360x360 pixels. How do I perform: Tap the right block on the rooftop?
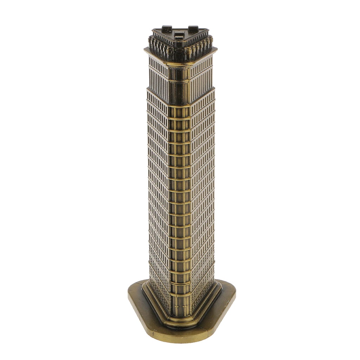click(x=193, y=28)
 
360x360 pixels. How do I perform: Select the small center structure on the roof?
click(x=179, y=36)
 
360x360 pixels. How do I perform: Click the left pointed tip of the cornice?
click(x=146, y=50)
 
